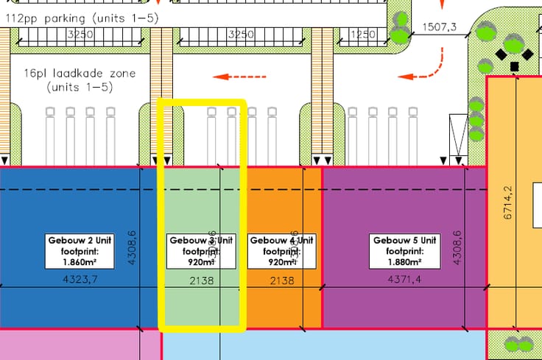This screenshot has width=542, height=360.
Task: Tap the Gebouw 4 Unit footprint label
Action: tap(282, 251)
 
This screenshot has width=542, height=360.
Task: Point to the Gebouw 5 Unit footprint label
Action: tap(405, 251)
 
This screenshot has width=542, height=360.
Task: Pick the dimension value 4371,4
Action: tap(404, 280)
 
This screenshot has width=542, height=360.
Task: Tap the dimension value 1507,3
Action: tap(439, 28)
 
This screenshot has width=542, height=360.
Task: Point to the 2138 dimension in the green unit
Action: tap(202, 280)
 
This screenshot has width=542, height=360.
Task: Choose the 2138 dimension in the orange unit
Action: tap(282, 280)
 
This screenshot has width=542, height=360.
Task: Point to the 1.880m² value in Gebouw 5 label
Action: tap(405, 261)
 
